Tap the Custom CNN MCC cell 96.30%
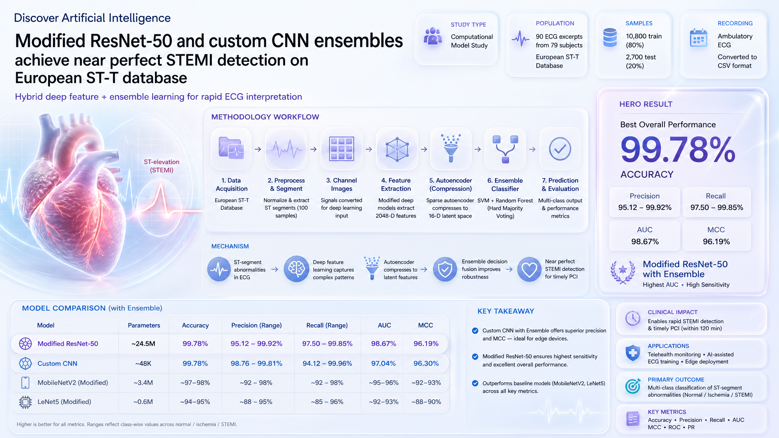pos(426,363)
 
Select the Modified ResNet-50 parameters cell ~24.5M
pos(143,344)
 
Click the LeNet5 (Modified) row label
pos(64,402)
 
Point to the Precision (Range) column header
pos(257,325)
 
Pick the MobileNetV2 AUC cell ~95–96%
pos(384,383)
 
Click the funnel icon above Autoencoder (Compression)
pos(451,148)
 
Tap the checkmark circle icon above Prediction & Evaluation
pos(560,149)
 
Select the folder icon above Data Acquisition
pos(231,148)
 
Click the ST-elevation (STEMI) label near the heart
pos(162,166)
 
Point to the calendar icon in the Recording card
pos(698,38)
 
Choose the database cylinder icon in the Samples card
pos(610,37)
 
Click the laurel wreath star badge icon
pos(623,272)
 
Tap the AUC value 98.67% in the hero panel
pos(645,242)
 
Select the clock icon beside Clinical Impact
pos(633,318)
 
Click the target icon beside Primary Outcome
pos(633,386)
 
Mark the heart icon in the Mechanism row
pos(529,269)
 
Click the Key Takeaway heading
pos(506,311)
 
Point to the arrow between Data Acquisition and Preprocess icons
pos(258,149)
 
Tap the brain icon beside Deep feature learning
pos(296,269)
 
